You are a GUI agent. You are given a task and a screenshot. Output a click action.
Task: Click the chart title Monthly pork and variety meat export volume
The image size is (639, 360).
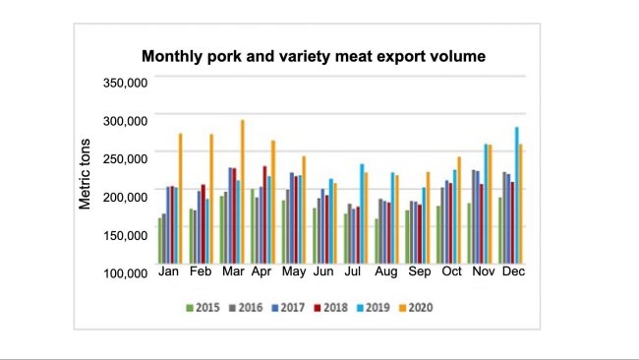coord(314,56)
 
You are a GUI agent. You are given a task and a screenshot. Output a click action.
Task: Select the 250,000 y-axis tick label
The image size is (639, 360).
coord(125,158)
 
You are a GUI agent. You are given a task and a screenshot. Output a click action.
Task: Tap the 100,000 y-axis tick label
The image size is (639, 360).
coord(125,272)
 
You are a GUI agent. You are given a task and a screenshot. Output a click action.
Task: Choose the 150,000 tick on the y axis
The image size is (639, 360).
coord(125,235)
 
